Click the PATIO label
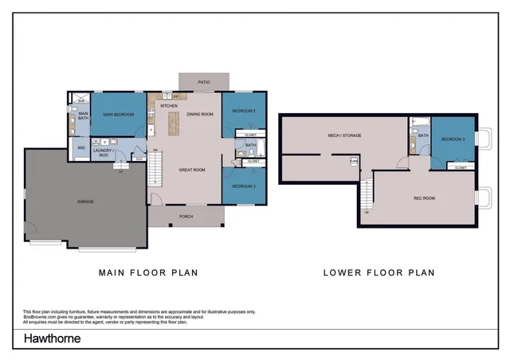(x=204, y=81)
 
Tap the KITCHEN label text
(x=169, y=106)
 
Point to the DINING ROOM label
(x=200, y=115)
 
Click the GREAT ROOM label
(x=193, y=170)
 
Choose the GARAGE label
(x=85, y=202)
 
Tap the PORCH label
(x=186, y=216)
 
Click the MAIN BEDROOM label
(x=117, y=115)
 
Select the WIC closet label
(x=81, y=148)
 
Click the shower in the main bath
(x=71, y=100)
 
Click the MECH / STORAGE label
(x=345, y=136)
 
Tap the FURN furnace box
(x=353, y=162)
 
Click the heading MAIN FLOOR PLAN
(x=148, y=272)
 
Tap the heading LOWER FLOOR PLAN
(x=379, y=272)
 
